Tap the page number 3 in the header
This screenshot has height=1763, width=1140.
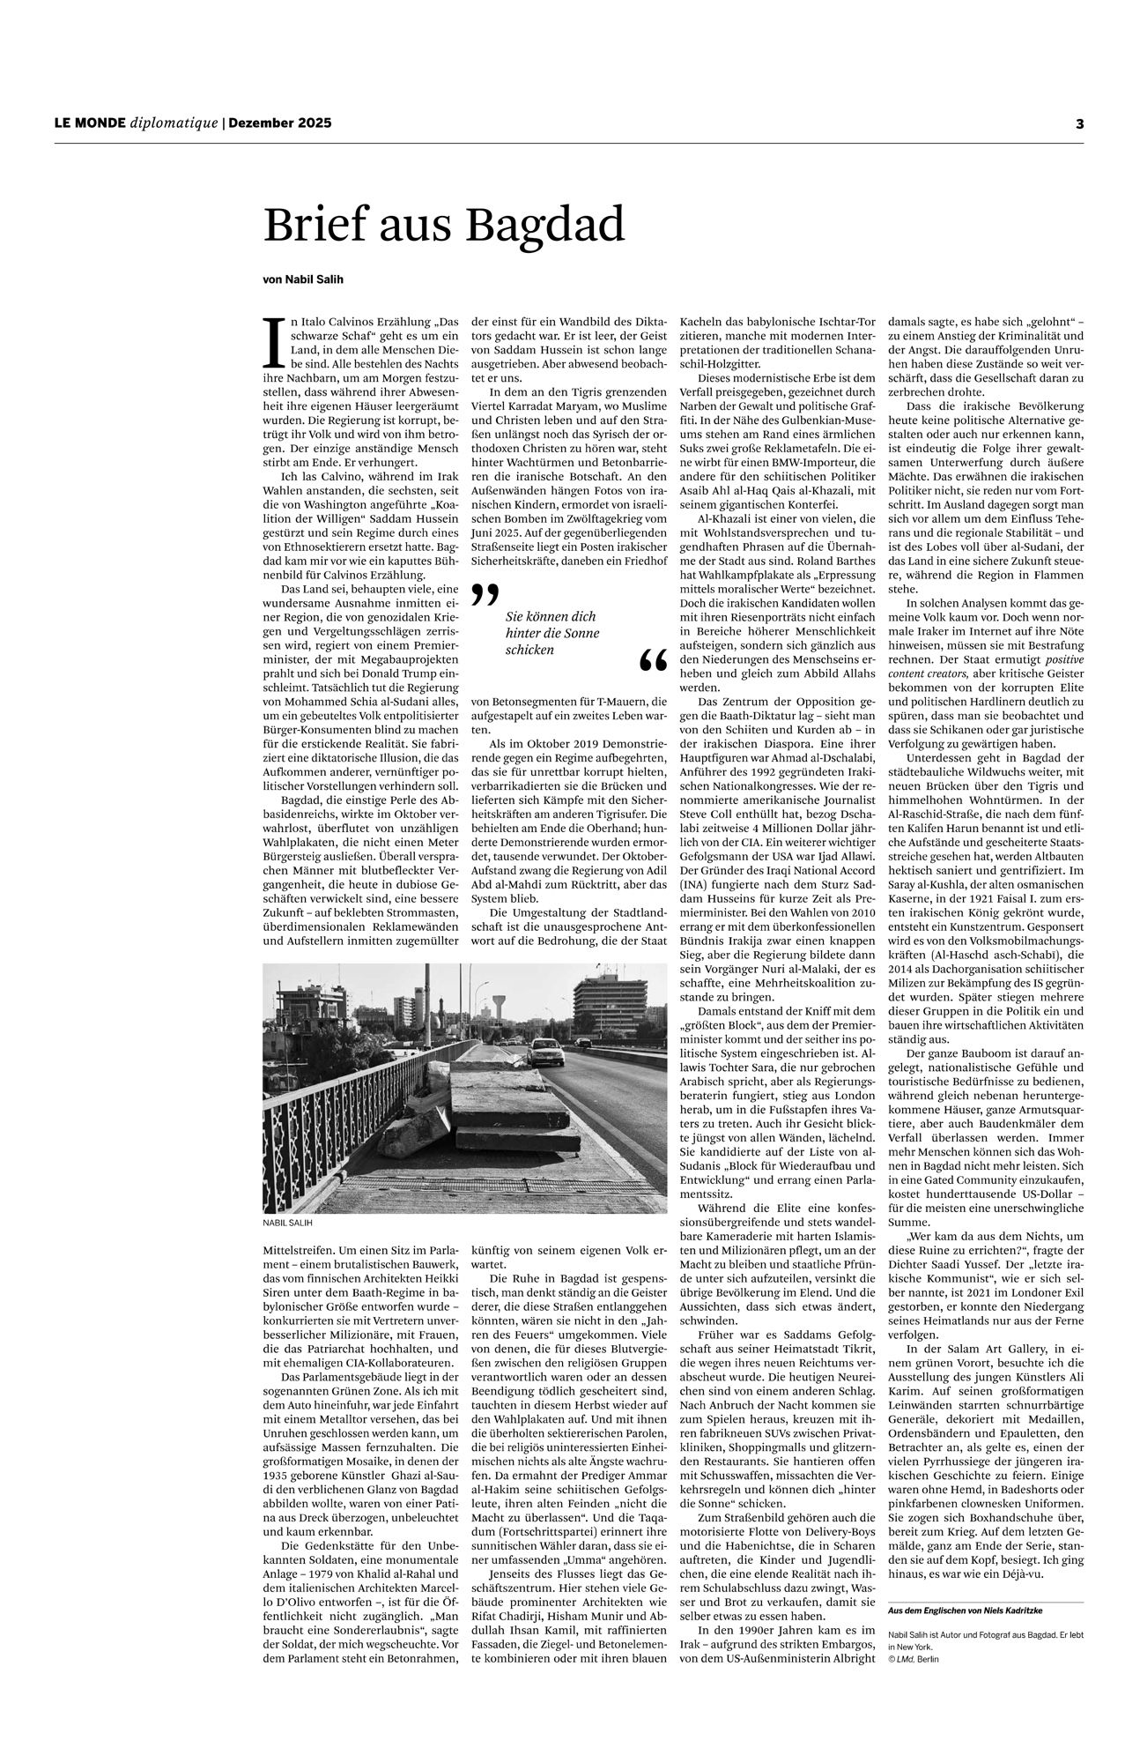pyautogui.click(x=1078, y=124)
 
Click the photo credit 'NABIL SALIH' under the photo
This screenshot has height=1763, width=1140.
pyautogui.click(x=287, y=1224)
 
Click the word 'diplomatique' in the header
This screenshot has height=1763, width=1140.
pyautogui.click(x=174, y=123)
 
